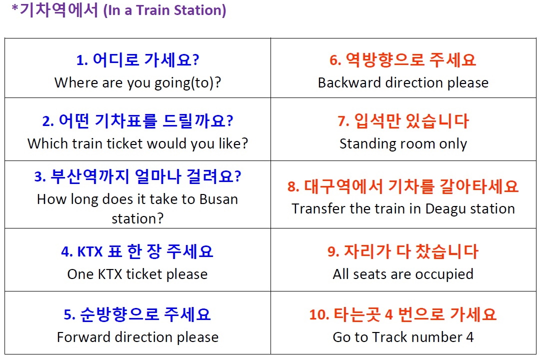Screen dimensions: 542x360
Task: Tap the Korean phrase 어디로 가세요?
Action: click(146, 59)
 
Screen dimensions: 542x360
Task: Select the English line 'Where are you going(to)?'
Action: click(137, 83)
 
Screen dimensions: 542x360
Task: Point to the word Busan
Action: click(219, 199)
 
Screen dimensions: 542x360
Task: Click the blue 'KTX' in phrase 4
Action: click(90, 251)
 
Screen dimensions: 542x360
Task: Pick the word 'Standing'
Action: click(367, 144)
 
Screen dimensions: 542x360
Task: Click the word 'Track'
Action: click(389, 337)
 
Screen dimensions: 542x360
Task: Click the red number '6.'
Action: click(335, 60)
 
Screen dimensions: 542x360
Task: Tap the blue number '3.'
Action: click(40, 177)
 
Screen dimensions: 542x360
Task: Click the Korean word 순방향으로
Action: click(119, 314)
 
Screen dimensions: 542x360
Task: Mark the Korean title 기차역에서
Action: click(59, 9)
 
